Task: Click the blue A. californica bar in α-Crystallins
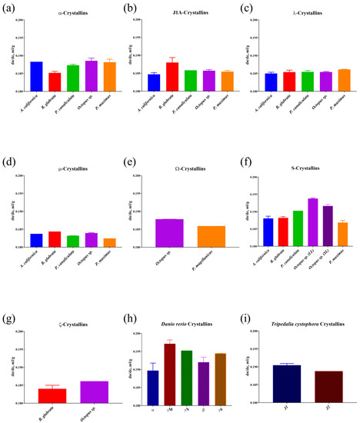click(36, 76)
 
